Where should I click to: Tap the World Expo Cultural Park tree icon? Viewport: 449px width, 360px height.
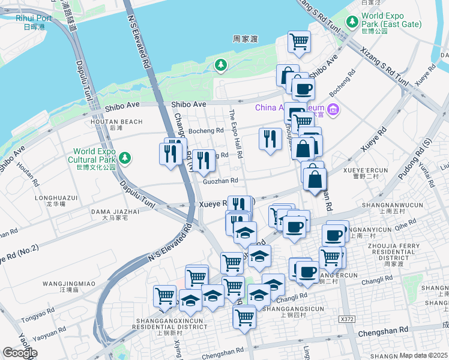tap(124, 158)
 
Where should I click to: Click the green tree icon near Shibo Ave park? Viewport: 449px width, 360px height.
tap(221, 64)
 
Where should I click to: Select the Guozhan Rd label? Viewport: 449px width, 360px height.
tap(220, 180)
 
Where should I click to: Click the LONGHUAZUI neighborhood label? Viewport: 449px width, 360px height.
tap(56, 197)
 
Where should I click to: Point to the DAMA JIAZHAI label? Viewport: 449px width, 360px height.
tap(115, 211)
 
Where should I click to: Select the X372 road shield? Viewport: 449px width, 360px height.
tap(346, 319)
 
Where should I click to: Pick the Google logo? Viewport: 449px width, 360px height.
tap(20, 352)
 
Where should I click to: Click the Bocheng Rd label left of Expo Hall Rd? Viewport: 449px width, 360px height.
tap(206, 130)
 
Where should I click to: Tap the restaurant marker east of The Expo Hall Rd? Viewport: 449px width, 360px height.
tap(270, 139)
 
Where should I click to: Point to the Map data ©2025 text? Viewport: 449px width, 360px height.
tap(423, 355)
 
